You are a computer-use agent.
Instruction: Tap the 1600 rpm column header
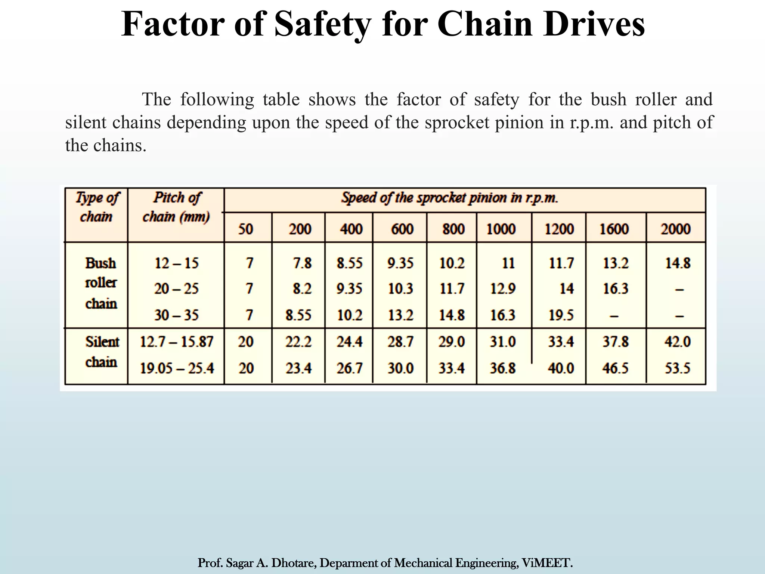point(614,229)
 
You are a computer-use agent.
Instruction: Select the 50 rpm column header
point(246,229)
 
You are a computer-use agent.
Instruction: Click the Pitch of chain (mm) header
point(176,207)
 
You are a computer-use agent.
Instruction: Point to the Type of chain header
point(97,207)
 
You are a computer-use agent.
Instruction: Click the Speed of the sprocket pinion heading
point(449,198)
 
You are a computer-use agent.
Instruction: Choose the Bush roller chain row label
point(101,283)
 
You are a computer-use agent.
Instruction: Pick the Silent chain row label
point(102,352)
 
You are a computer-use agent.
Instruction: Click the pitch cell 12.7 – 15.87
point(176,342)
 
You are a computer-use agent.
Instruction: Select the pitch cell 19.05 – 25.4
point(177,368)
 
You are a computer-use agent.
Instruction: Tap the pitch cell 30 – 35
point(176,315)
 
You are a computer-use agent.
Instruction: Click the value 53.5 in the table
point(677,368)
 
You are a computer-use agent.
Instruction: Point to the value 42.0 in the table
point(677,342)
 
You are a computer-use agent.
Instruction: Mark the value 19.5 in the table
point(561,315)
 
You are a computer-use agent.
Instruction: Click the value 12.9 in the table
point(503,288)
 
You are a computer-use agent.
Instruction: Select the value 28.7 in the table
point(400,342)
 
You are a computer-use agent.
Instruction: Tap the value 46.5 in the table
point(615,368)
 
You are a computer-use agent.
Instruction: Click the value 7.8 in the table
point(302,263)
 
